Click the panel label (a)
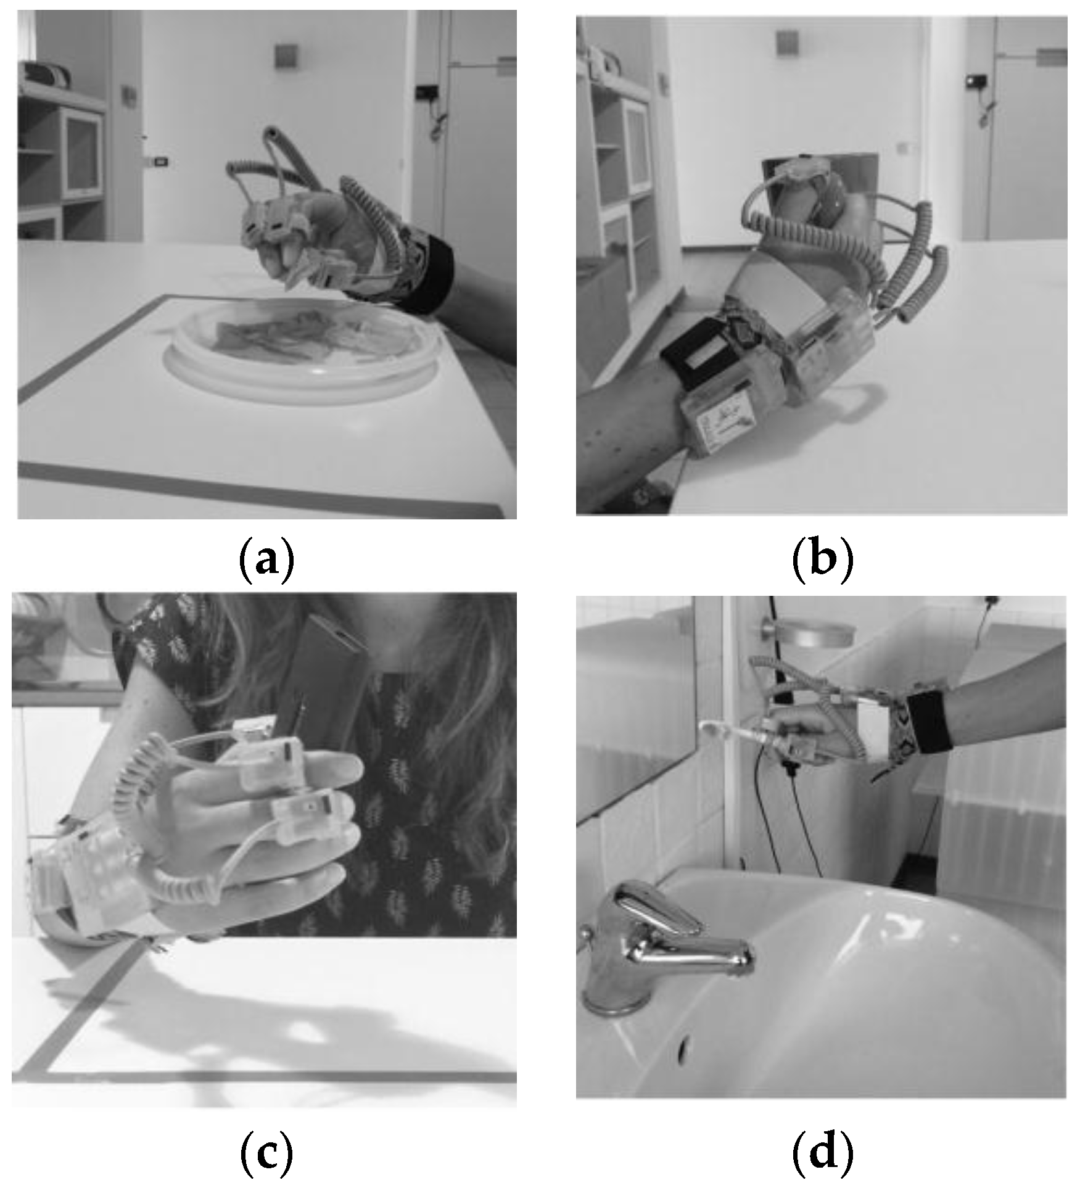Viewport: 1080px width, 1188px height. tap(266, 559)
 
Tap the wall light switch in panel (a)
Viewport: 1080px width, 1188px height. tap(162, 162)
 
